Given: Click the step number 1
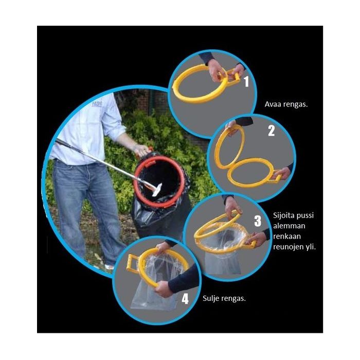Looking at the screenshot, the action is (246, 81).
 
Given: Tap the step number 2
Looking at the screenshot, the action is (272, 131).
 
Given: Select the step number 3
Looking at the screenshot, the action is (258, 221).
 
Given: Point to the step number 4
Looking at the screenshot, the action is (185, 299).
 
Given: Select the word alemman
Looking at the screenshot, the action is (289, 226).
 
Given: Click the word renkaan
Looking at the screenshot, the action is (287, 237).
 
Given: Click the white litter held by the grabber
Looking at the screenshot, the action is (157, 190).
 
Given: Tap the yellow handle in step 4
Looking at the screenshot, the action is (133, 262).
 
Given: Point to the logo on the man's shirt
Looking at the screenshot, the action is (97, 104).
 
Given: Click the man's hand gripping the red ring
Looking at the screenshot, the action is (141, 150).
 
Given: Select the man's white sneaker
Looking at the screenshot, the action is (109, 266).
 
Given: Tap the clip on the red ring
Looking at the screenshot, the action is (150, 164).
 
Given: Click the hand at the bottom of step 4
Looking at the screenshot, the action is (164, 289).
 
